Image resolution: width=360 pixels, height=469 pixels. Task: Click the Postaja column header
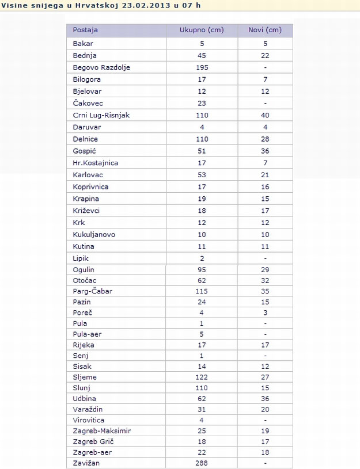click(x=85, y=30)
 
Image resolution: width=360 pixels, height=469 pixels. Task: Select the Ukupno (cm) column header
click(x=202, y=30)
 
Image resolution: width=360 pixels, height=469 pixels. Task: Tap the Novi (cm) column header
click(x=265, y=30)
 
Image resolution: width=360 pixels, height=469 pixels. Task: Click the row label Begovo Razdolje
click(x=101, y=67)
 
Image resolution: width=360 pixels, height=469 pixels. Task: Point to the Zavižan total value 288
click(x=202, y=463)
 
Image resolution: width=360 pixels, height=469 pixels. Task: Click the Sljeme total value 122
click(x=202, y=378)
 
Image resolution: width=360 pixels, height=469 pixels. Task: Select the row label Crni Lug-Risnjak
click(x=101, y=115)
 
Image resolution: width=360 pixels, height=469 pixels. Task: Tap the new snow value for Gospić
click(x=265, y=151)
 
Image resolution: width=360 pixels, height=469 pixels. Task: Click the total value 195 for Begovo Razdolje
click(x=202, y=67)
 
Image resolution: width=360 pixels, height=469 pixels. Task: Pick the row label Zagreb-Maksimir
click(x=102, y=430)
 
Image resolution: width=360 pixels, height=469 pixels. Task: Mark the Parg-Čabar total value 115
click(x=202, y=291)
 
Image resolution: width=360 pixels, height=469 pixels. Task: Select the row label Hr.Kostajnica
click(x=96, y=163)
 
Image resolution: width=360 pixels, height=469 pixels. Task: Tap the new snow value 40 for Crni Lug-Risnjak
click(x=265, y=115)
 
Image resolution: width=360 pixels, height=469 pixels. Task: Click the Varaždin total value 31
click(x=202, y=410)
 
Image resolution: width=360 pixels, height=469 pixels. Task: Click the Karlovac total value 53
click(x=202, y=175)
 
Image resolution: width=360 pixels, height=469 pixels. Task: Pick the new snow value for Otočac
click(x=265, y=280)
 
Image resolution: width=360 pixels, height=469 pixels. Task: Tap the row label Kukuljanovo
click(x=94, y=234)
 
